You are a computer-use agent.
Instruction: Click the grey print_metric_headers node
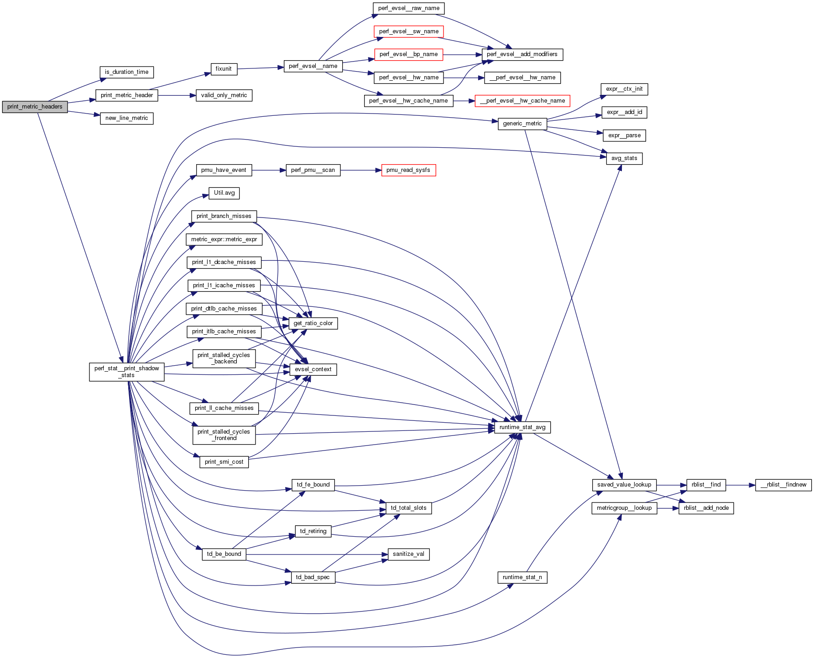(35, 107)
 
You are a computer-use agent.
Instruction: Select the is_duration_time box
(126, 72)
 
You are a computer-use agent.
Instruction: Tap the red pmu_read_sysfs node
(408, 170)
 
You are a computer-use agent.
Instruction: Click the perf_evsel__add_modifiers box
(522, 54)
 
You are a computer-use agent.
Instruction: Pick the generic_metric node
(522, 124)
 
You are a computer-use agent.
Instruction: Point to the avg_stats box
(624, 158)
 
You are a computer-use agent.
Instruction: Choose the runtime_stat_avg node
(522, 427)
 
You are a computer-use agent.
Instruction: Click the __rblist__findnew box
(783, 485)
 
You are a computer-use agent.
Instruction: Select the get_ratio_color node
(313, 323)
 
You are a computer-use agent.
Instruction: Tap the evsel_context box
(313, 369)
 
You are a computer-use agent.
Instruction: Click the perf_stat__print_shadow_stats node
(127, 372)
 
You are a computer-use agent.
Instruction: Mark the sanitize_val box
(408, 554)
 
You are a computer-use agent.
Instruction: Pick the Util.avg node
(224, 193)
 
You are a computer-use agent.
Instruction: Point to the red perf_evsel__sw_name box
(408, 31)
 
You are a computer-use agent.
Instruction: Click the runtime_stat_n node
(522, 577)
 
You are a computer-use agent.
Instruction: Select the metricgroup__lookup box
(624, 508)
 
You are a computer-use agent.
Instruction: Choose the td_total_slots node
(408, 508)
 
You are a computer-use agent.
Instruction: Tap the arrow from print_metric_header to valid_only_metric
(177, 95)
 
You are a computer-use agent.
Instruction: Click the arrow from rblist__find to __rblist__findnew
(740, 485)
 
